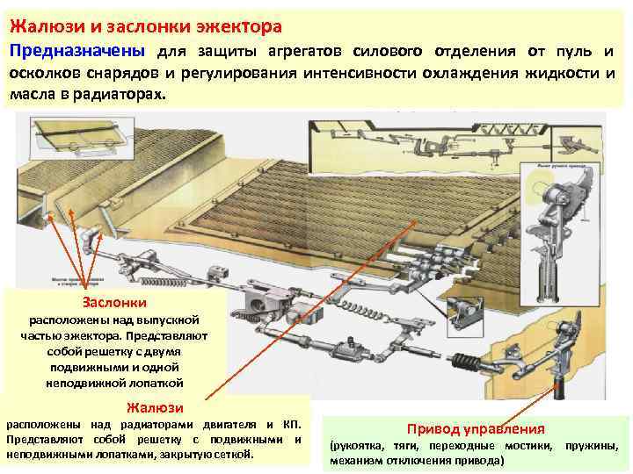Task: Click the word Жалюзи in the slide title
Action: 41,17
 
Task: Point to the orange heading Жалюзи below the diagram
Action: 155,406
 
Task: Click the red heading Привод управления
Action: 475,428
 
